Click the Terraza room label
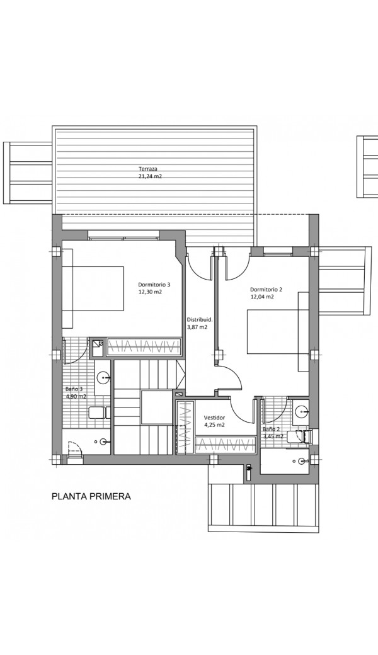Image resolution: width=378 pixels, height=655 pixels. click(148, 169)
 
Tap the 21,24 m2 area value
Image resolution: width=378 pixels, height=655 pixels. click(150, 176)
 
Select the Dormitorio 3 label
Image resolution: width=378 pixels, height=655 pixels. click(154, 285)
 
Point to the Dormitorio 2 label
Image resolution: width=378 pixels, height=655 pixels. click(266, 290)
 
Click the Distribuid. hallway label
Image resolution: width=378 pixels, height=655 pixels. click(200, 320)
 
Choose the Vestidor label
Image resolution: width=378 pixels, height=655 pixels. click(215, 418)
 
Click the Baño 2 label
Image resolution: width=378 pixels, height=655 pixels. click(271, 429)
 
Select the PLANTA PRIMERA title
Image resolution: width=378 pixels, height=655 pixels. click(91, 496)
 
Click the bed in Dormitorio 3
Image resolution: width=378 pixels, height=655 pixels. click(93, 288)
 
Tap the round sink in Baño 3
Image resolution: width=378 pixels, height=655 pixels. click(103, 379)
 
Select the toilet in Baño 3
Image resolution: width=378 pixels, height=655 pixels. click(98, 413)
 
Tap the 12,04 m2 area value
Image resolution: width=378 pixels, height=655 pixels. click(262, 297)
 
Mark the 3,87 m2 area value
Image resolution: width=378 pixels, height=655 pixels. click(197, 327)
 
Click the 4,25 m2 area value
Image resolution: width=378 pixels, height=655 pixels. click(215, 425)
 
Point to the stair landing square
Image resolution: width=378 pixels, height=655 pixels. click(156, 407)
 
